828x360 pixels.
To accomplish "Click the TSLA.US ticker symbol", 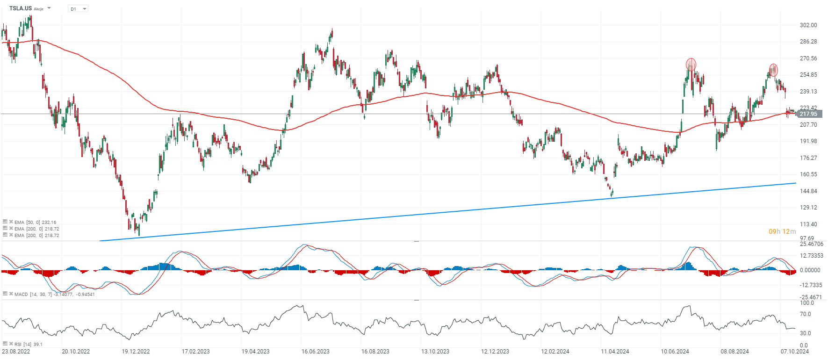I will (21, 8).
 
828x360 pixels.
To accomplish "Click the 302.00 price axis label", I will (808, 25).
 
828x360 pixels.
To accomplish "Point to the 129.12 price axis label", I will (808, 208).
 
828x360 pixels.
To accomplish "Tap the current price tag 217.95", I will (809, 114).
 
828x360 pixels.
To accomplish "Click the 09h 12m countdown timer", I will (782, 231).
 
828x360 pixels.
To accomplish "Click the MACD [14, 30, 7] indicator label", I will (54, 294).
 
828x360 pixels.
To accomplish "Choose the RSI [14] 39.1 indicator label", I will (28, 344).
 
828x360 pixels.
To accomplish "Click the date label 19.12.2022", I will (136, 352).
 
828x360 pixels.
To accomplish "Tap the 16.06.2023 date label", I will (316, 352).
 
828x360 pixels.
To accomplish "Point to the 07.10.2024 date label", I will (795, 352).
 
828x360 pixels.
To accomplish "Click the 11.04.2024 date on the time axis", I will (615, 352).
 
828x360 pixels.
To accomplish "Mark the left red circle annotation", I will (691, 65).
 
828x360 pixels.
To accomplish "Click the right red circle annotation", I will (773, 70).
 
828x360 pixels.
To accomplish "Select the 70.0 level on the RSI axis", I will (806, 314).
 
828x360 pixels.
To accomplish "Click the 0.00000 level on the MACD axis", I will (810, 270).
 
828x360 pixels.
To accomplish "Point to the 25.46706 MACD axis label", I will (812, 244).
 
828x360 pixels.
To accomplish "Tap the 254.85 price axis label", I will (808, 75).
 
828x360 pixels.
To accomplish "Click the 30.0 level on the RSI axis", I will (806, 333).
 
